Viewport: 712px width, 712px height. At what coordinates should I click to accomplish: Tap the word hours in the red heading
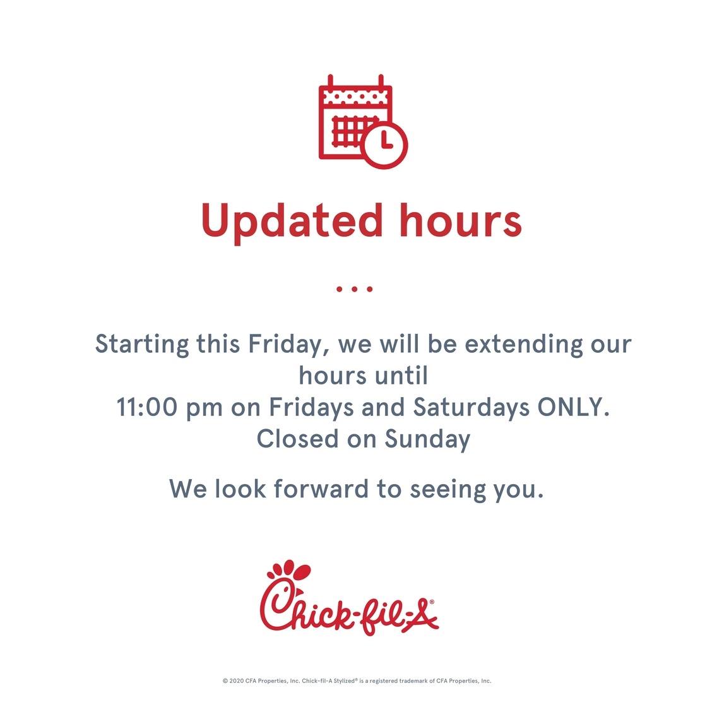coord(461,220)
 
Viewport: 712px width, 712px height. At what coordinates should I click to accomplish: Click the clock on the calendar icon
coord(385,145)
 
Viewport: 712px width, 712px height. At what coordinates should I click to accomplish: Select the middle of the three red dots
coord(355,289)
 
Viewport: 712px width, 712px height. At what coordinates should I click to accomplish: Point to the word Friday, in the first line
coord(290,345)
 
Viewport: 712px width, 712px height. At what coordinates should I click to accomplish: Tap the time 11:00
coord(147,407)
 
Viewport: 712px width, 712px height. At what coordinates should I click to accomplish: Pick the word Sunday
coord(427,440)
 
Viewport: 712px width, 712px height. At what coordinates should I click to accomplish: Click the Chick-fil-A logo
coord(349,598)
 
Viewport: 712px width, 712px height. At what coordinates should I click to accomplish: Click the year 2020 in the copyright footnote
coord(236,680)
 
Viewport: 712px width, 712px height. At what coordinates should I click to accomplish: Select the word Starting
coord(141,345)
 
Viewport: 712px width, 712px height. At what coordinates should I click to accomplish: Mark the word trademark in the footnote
coord(413,680)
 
